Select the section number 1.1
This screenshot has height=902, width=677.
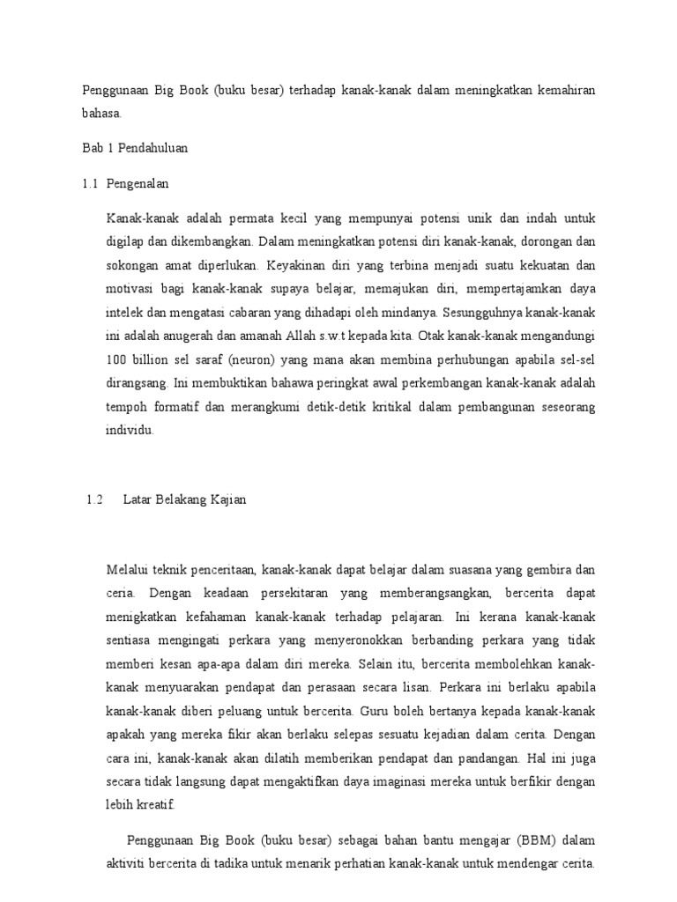[x=91, y=184]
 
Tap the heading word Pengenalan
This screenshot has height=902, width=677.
[x=138, y=184]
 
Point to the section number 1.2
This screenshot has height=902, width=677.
[x=95, y=500]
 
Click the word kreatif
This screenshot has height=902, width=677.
[x=155, y=805]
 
